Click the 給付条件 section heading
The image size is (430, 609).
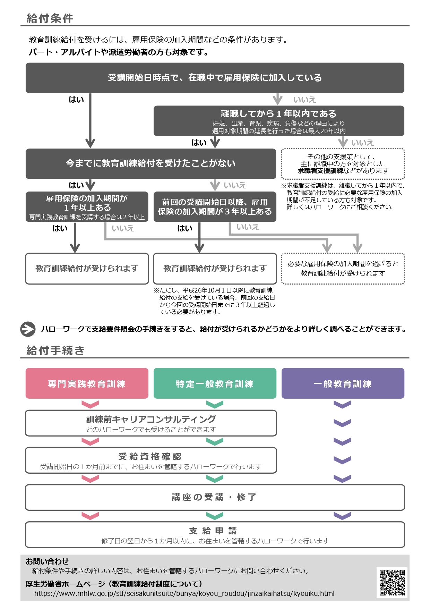[x=50, y=18]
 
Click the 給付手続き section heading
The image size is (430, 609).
[x=55, y=350]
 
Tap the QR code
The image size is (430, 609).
[x=392, y=582]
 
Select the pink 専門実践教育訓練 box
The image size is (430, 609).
[x=87, y=383]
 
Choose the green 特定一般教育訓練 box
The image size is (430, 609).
[x=215, y=383]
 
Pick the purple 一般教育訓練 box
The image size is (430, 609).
[x=343, y=383]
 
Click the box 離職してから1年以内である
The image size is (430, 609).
[x=279, y=121]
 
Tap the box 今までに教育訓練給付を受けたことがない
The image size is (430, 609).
[x=151, y=164]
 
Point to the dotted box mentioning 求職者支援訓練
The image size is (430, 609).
[x=343, y=164]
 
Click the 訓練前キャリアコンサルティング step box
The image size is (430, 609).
[x=151, y=423]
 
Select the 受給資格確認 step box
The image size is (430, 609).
[x=151, y=460]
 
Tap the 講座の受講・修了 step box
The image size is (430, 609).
[x=215, y=498]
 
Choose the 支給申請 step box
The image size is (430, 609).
[x=215, y=535]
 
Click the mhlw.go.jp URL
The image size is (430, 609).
[x=184, y=594]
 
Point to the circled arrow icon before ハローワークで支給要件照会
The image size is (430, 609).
[x=28, y=329]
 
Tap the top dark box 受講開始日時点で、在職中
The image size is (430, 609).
[x=215, y=78]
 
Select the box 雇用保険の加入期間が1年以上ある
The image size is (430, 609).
[x=87, y=207]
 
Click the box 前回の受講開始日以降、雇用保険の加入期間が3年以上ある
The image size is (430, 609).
[x=215, y=207]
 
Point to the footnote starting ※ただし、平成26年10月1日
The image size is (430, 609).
[x=215, y=301]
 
